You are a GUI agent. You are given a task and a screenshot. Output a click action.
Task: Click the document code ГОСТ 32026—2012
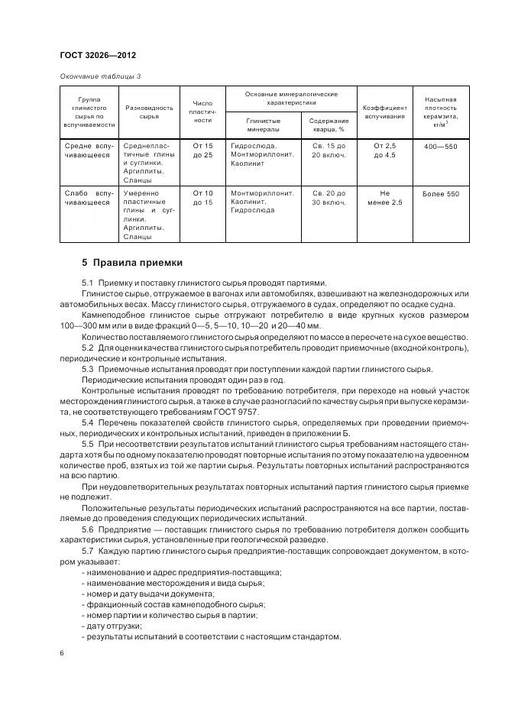(97, 56)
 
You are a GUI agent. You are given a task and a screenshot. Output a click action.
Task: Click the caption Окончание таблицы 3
(100, 76)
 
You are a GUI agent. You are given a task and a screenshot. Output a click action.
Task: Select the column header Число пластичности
(202, 112)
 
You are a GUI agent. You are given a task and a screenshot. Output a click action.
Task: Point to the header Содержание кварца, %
(329, 125)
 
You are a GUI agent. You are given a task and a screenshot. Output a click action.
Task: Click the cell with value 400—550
(441, 145)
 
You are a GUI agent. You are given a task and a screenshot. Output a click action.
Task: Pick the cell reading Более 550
(441, 194)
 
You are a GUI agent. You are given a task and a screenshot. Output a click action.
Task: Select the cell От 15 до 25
(202, 150)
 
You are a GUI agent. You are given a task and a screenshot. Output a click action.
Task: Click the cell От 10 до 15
(202, 199)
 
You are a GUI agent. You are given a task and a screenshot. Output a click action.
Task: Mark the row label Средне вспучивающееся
(90, 150)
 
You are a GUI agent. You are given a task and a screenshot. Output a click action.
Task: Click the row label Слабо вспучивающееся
(90, 199)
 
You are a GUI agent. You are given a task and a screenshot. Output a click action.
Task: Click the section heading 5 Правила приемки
(132, 263)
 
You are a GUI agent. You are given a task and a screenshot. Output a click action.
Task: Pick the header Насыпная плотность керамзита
(441, 112)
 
